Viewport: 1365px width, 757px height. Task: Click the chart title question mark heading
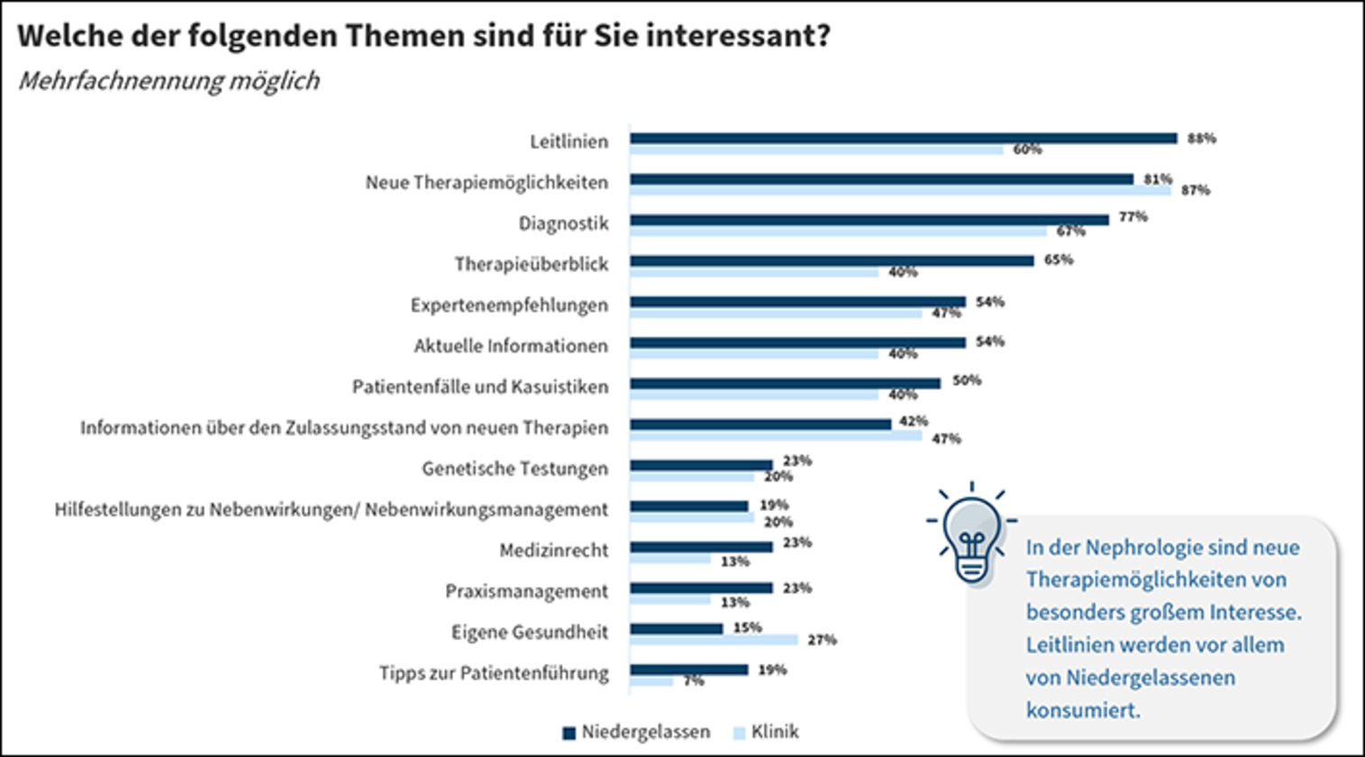pyautogui.click(x=423, y=36)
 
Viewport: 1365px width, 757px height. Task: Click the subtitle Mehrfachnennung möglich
pyautogui.click(x=168, y=81)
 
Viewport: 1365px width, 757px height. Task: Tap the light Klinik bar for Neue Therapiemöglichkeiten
pyautogui.click(x=900, y=190)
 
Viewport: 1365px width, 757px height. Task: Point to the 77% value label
pyautogui.click(x=1133, y=217)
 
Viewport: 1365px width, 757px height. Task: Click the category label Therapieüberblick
pyautogui.click(x=531, y=264)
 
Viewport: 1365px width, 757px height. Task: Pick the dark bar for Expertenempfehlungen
pyautogui.click(x=797, y=302)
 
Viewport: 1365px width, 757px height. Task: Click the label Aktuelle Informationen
pyautogui.click(x=511, y=346)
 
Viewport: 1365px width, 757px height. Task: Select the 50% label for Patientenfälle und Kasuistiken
pyautogui.click(x=967, y=381)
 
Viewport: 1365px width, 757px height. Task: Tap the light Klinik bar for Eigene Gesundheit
pyautogui.click(x=714, y=640)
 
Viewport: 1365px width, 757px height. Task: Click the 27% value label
pyautogui.click(x=822, y=640)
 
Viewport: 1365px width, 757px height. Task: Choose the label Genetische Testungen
pyautogui.click(x=514, y=469)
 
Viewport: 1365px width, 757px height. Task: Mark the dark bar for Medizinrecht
pyautogui.click(x=701, y=547)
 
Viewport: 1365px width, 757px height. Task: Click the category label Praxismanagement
pyautogui.click(x=526, y=591)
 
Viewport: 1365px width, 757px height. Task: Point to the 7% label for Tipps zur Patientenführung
pyautogui.click(x=693, y=681)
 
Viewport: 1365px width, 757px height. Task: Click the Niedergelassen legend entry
pyautogui.click(x=636, y=732)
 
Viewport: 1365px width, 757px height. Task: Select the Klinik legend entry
pyautogui.click(x=766, y=732)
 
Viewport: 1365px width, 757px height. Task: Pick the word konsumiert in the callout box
pyautogui.click(x=1082, y=709)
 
